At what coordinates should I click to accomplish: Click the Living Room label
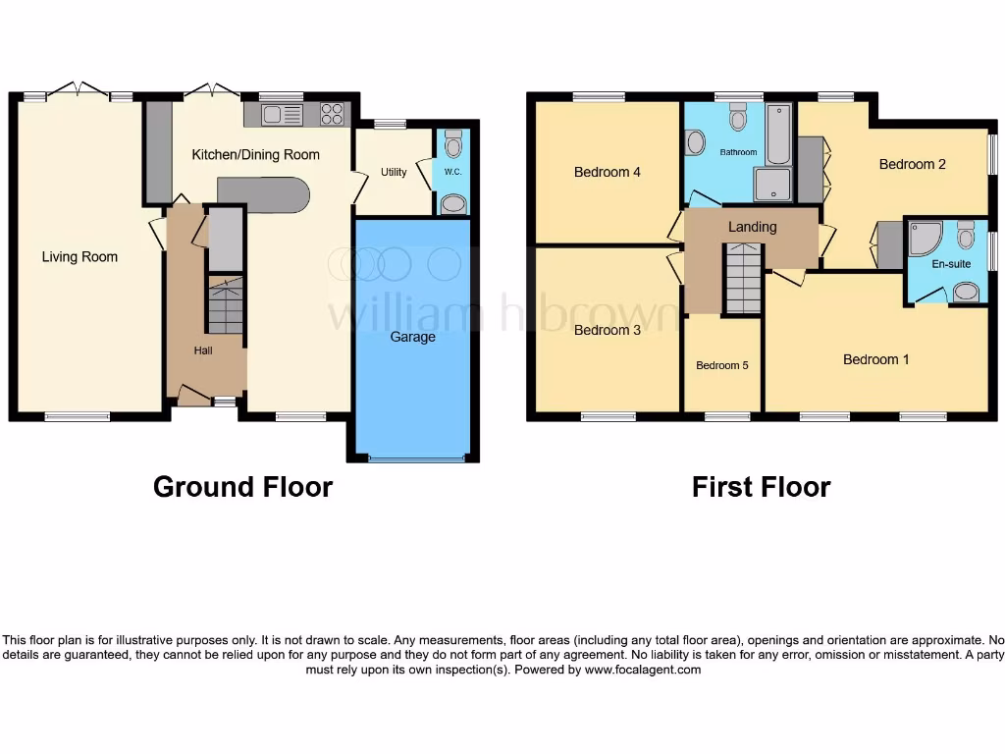(79, 257)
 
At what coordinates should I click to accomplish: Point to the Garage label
(413, 337)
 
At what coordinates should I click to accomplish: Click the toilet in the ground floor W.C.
(452, 145)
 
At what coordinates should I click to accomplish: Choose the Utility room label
(394, 173)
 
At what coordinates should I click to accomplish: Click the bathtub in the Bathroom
(778, 135)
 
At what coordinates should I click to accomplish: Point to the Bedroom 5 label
(722, 365)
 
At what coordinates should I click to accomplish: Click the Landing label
(753, 227)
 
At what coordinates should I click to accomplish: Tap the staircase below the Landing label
(743, 279)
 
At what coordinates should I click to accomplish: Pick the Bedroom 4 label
(608, 172)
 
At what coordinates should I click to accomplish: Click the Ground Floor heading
(242, 487)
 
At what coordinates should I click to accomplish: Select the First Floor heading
(761, 487)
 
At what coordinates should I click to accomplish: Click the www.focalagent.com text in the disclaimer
(643, 670)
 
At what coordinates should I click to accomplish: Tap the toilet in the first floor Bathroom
(738, 119)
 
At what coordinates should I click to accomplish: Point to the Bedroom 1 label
(876, 359)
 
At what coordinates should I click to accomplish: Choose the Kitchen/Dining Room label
(255, 154)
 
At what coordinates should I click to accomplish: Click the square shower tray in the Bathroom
(770, 185)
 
